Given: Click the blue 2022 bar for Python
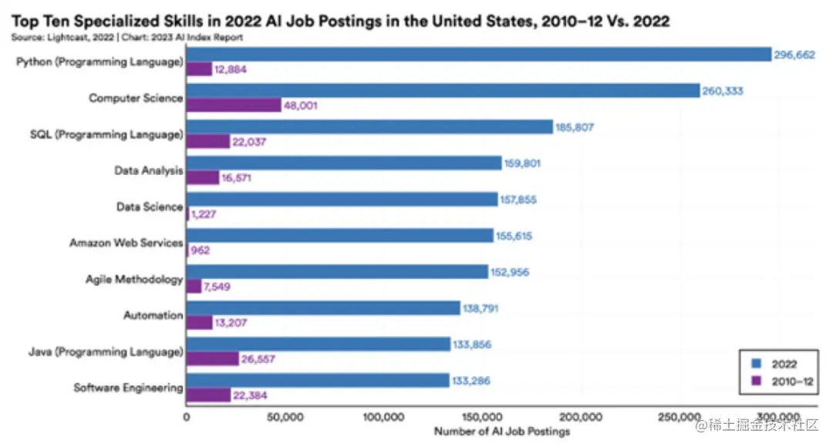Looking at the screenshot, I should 478,54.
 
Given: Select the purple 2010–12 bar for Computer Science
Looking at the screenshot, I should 234,106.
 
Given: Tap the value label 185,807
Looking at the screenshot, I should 575,127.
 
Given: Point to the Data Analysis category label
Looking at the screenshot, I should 148,170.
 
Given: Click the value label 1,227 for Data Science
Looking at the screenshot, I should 204,214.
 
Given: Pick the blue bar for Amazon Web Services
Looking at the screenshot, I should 339,236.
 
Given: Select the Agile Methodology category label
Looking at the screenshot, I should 134,280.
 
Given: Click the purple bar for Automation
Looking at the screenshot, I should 199,323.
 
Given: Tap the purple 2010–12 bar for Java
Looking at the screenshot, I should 212,359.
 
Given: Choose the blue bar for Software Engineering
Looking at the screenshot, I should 318,381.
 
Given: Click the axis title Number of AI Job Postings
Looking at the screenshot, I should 501,432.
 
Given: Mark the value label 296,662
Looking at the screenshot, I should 794,55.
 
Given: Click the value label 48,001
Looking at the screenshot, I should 302,106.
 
